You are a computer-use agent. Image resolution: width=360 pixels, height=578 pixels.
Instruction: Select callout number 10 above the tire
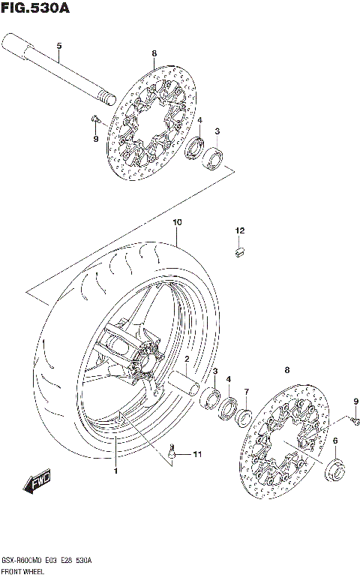pos(177,223)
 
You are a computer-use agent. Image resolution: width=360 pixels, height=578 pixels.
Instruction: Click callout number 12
pos(240,230)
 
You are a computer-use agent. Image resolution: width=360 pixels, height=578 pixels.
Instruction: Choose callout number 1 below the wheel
pos(116,471)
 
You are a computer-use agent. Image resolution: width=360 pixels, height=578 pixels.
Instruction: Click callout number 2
pos(187,360)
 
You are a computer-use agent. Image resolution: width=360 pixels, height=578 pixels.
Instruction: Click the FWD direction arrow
pos(37,484)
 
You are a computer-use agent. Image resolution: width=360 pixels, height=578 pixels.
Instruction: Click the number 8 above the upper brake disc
pos(153,53)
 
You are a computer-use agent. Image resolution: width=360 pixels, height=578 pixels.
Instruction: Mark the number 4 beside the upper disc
pos(199,120)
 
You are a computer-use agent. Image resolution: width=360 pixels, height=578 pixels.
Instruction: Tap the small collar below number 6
pos(334,471)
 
